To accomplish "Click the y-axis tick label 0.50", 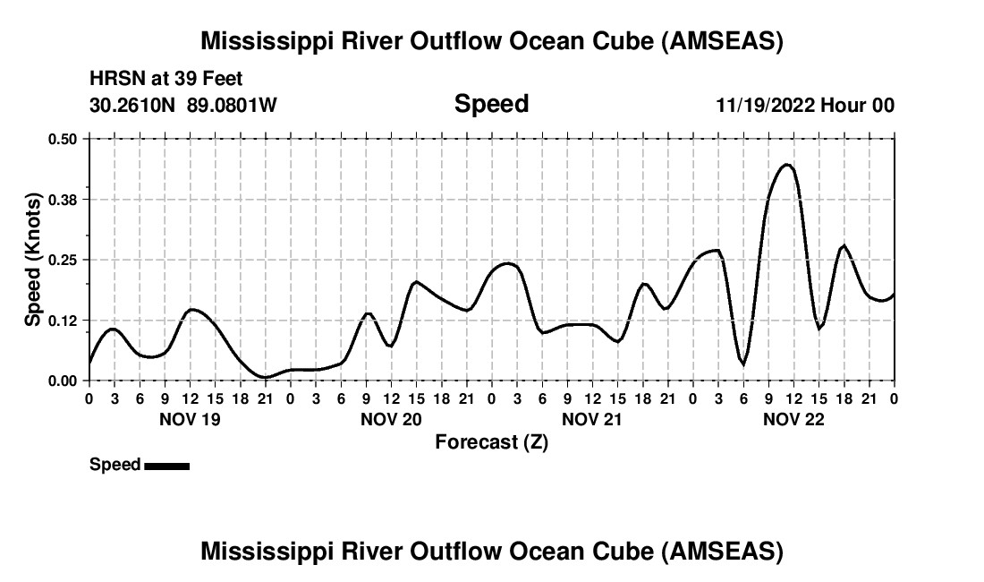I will (x=64, y=139).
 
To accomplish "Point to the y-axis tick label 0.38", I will (x=64, y=199).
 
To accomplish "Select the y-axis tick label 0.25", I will (x=64, y=260).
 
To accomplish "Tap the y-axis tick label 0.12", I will (x=64, y=320).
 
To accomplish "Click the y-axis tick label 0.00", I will (x=64, y=381).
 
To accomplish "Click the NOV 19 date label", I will (x=189, y=419).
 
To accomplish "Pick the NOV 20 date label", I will (x=391, y=419).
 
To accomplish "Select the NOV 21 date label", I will (x=592, y=419).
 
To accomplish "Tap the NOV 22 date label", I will (x=793, y=419).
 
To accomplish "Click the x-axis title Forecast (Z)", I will (x=491, y=442).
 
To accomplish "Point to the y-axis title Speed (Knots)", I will (x=33, y=260).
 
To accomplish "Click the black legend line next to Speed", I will (x=166, y=466).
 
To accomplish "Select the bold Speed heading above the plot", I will (x=491, y=104).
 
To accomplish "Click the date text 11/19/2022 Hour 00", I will (x=805, y=106).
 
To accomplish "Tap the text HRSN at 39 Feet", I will (x=166, y=80).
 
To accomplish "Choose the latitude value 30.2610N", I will (x=133, y=106).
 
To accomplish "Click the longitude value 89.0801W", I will (x=232, y=106).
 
